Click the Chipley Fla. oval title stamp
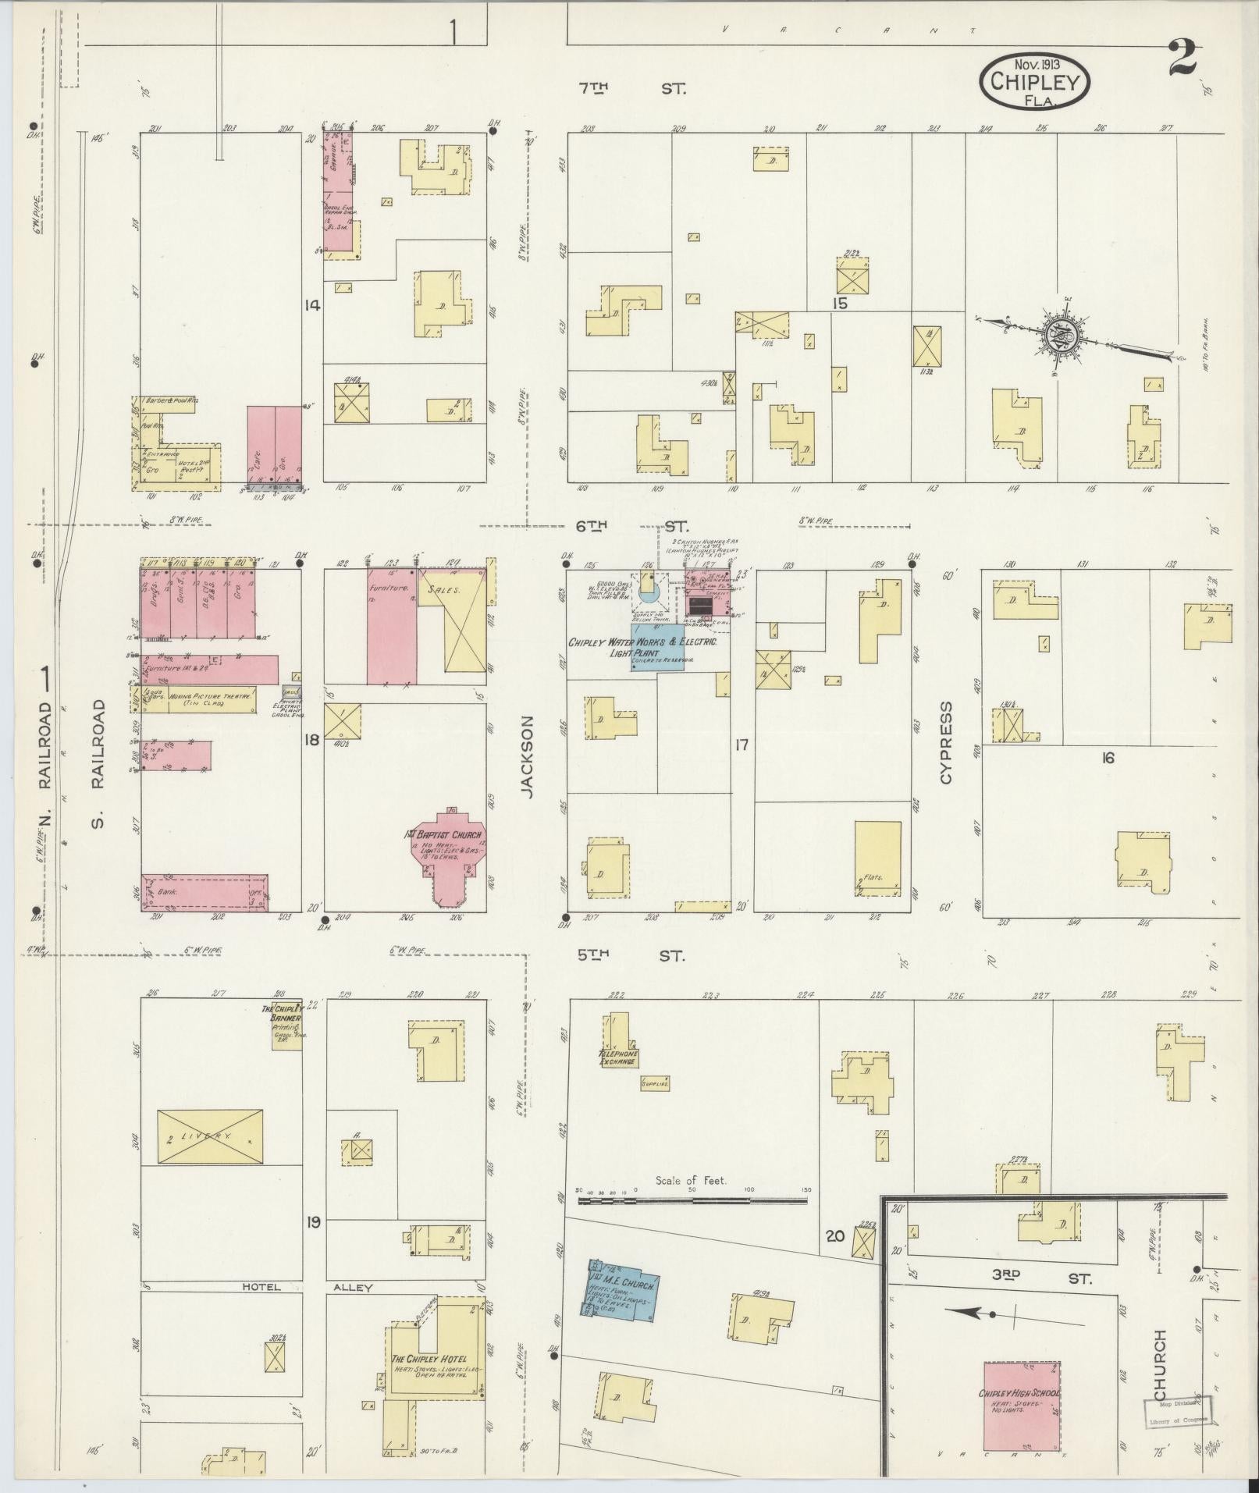click(1034, 80)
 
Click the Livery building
click(210, 1136)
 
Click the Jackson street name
click(528, 757)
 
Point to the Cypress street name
click(946, 742)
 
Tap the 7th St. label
click(629, 89)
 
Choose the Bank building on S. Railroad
click(204, 892)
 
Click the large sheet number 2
click(1183, 58)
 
